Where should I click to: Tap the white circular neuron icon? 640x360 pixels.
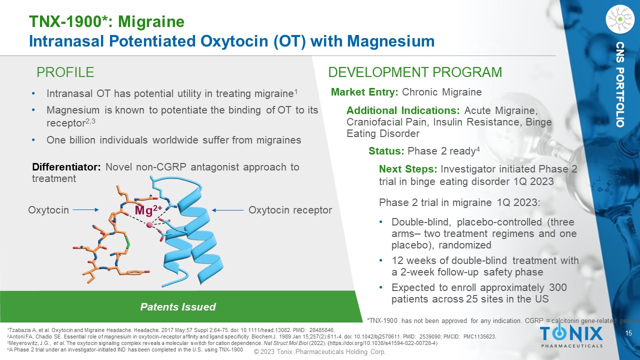(x=620, y=19)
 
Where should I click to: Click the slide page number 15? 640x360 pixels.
(x=628, y=333)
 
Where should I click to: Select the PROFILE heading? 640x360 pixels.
(x=65, y=72)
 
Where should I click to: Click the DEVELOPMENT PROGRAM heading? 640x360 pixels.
(x=415, y=72)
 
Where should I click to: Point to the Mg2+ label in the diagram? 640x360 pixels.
(x=148, y=210)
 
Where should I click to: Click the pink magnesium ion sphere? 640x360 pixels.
(x=149, y=225)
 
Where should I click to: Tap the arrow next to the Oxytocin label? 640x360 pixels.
(x=85, y=209)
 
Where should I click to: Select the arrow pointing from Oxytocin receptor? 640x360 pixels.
(x=227, y=210)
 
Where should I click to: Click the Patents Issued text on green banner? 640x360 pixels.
(x=177, y=307)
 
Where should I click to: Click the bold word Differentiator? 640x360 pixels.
(x=66, y=167)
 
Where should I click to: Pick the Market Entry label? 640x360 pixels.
(x=364, y=92)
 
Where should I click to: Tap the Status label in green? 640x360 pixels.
(x=386, y=151)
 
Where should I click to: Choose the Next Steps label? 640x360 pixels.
(x=408, y=169)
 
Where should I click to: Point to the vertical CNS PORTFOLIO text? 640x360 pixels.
(x=620, y=84)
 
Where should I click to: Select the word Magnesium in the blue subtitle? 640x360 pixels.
(x=391, y=41)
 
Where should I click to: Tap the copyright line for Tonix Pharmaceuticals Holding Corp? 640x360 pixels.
(x=319, y=351)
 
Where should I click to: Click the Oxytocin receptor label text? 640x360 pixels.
(x=290, y=210)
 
